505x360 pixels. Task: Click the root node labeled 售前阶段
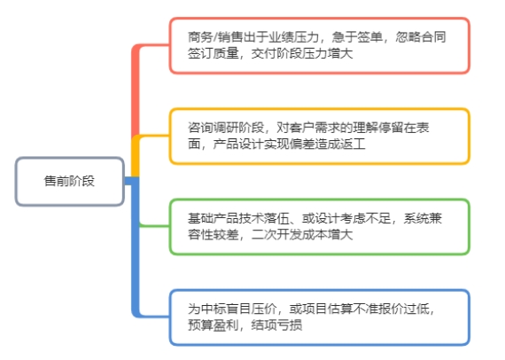[70, 181]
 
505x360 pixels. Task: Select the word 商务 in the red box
[200, 37]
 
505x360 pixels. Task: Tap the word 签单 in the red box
[369, 37]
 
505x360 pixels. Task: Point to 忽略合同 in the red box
[421, 37]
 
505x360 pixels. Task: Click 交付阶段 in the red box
[276, 53]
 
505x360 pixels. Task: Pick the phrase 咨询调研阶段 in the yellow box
[226, 128]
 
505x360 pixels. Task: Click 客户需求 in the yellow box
[315, 128]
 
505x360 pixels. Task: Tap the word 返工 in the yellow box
[353, 144]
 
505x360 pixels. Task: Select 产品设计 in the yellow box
[238, 144]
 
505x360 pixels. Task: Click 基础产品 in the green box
[213, 219]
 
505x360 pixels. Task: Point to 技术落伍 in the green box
[264, 219]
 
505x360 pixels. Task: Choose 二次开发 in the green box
[276, 235]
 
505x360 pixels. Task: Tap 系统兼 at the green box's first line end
[423, 219]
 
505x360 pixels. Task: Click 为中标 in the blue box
[206, 309]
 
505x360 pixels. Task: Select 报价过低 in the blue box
[403, 309]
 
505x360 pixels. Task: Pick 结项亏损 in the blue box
[276, 325]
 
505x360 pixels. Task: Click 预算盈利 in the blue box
[213, 325]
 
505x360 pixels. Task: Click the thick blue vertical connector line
[136, 247]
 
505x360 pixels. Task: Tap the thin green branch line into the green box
[154, 226]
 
